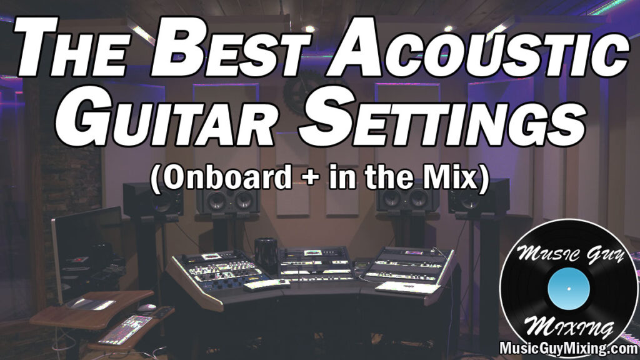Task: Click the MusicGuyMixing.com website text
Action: [568, 347]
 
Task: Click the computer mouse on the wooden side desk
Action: [146, 307]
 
